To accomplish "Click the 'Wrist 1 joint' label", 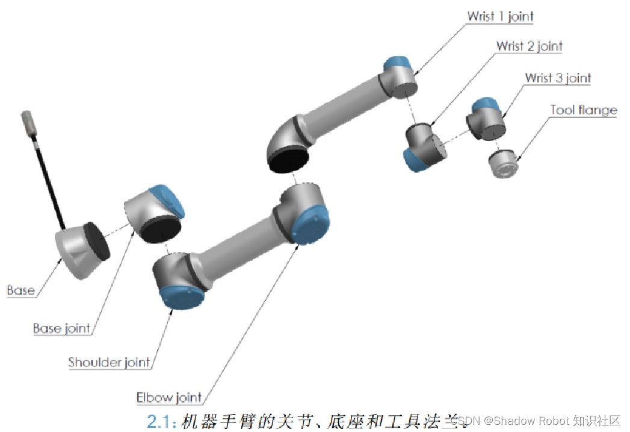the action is pos(500,16).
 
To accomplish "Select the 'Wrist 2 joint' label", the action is pos(529,46).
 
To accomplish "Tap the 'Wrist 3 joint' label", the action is pos(558,78).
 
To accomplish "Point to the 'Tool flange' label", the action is pos(583,110).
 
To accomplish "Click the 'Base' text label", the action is pos(20,290).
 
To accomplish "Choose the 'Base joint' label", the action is pos(61,328).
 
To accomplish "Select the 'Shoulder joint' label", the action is pos(109,362).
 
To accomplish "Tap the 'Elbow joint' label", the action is pos(169,398).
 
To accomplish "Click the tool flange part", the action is pos(503,164).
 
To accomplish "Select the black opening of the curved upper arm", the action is pos(288,160).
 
